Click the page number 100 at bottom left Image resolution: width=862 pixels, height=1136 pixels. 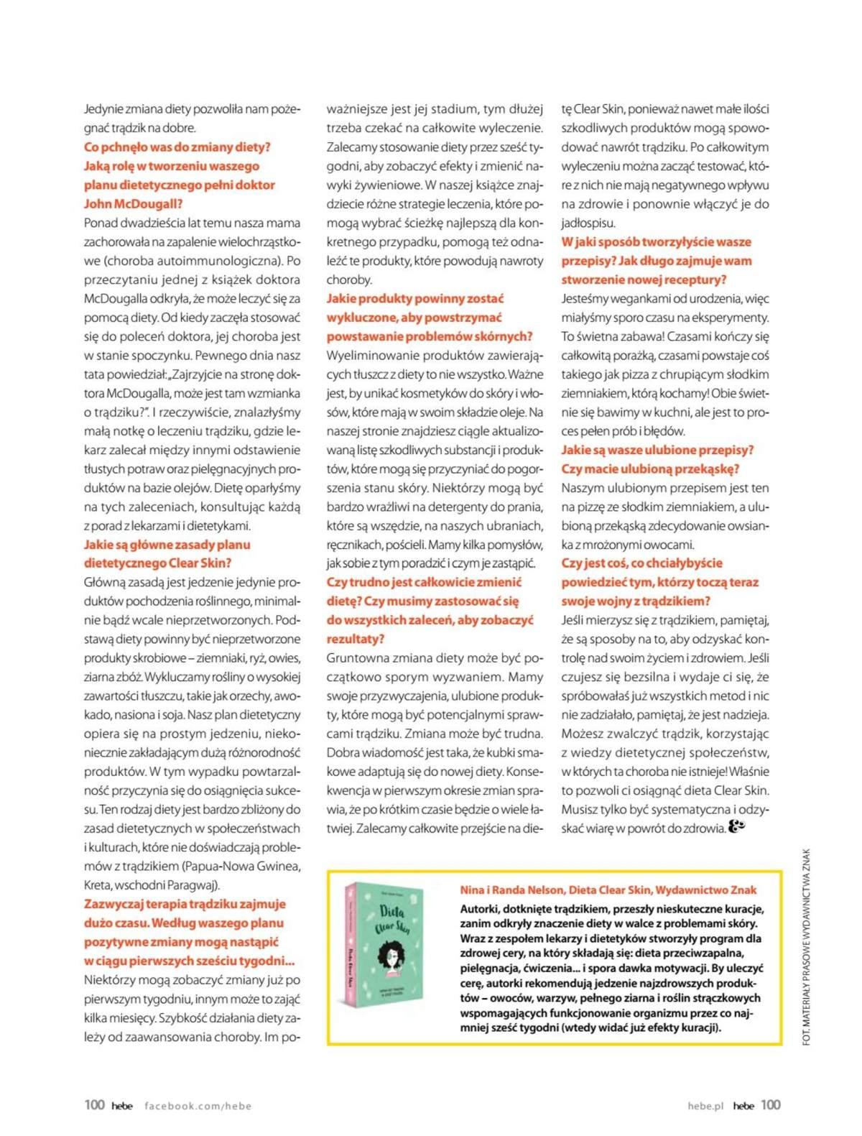94,1104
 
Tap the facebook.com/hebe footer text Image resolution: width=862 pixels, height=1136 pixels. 198,1106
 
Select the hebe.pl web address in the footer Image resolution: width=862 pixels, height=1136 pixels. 705,1106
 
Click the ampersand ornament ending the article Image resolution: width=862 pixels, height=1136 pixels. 737,827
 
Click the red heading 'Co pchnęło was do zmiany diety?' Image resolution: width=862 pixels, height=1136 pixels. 177,147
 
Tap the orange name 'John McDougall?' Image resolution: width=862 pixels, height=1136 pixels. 133,204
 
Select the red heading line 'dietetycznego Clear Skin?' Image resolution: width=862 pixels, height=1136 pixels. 157,563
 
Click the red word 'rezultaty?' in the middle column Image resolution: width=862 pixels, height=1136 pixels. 355,639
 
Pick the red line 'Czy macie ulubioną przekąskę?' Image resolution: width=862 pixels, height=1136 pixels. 650,469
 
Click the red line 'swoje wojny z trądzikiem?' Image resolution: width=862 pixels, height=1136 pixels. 635,601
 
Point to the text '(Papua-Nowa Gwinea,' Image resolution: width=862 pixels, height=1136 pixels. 241,867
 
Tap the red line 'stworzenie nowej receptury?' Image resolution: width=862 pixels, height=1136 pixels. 644,280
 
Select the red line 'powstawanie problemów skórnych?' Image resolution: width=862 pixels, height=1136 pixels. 430,336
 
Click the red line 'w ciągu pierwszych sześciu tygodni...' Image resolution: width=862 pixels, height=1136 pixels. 190,961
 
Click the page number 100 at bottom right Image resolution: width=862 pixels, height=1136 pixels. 770,1104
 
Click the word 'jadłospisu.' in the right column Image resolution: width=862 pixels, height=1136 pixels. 588,223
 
